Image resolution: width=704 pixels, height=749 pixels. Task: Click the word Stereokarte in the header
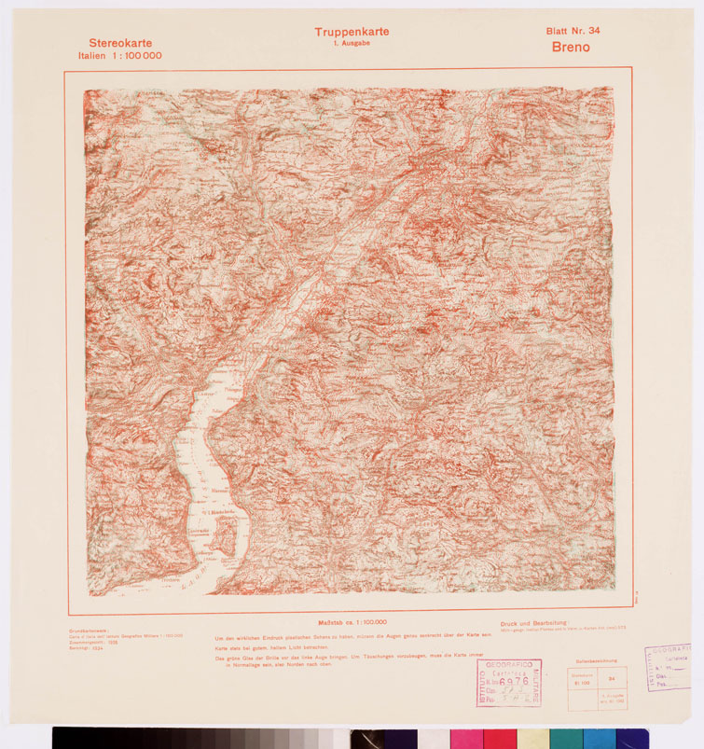pyautogui.click(x=120, y=43)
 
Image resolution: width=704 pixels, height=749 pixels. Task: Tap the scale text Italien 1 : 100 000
pyautogui.click(x=120, y=56)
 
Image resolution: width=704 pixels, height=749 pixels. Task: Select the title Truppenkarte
pyautogui.click(x=352, y=32)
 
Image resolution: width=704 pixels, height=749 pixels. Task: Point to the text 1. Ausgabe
pyautogui.click(x=352, y=44)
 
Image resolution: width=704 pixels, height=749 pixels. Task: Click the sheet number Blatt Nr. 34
pyautogui.click(x=573, y=31)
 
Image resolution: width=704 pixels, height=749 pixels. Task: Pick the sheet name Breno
pyautogui.click(x=571, y=48)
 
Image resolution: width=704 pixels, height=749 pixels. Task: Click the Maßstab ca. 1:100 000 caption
pyautogui.click(x=352, y=621)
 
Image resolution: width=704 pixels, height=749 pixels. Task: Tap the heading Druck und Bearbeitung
pyautogui.click(x=533, y=622)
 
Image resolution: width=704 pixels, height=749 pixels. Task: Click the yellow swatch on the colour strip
pyautogui.click(x=533, y=738)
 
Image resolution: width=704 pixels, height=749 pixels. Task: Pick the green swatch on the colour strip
pyautogui.click(x=566, y=738)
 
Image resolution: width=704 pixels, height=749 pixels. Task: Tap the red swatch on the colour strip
pyautogui.click(x=500, y=738)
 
